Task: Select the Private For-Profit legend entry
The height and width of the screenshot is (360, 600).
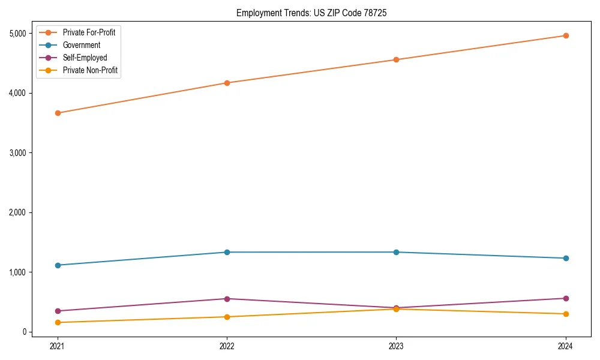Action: pos(89,32)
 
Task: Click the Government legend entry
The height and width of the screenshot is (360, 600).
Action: pos(81,45)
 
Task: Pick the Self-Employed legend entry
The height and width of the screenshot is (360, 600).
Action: pos(85,58)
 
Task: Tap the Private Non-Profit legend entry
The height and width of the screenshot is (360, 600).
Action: pos(90,70)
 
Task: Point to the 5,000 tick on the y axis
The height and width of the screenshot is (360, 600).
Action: pos(18,34)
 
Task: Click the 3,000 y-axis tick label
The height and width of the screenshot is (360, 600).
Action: pos(18,153)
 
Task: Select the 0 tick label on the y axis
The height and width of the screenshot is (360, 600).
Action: pos(25,332)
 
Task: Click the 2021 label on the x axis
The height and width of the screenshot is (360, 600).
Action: pos(58,346)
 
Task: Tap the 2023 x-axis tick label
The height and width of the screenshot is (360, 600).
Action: pos(396,346)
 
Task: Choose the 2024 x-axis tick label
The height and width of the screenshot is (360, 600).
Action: pos(566,346)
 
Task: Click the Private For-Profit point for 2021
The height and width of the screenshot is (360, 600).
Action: pos(58,113)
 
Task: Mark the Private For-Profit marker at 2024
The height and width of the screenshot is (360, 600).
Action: pos(566,35)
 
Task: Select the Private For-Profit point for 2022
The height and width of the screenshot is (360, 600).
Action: pos(227,83)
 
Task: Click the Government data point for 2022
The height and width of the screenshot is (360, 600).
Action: pos(227,252)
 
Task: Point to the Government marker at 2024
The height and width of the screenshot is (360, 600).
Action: pos(566,258)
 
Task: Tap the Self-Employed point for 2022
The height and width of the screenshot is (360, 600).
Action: pos(227,299)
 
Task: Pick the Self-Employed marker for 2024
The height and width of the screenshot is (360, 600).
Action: pos(566,298)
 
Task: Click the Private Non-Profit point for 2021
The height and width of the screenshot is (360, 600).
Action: pos(58,322)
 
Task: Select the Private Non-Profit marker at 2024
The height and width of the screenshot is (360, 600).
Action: pos(566,314)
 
